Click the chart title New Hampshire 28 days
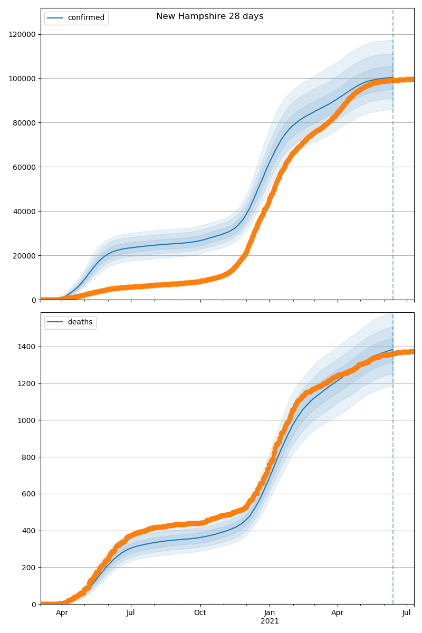point(209,16)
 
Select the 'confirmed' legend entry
point(86,18)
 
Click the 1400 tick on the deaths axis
point(27,347)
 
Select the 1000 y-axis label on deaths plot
point(27,420)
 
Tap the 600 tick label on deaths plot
point(30,494)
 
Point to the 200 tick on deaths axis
point(30,568)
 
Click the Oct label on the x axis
point(200,613)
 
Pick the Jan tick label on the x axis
point(270,613)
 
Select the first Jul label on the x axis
point(131,613)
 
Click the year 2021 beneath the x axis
point(270,621)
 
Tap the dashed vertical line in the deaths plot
point(393,475)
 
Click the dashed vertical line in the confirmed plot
point(393,158)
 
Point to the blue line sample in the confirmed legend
point(55,18)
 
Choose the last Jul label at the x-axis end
point(407,613)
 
